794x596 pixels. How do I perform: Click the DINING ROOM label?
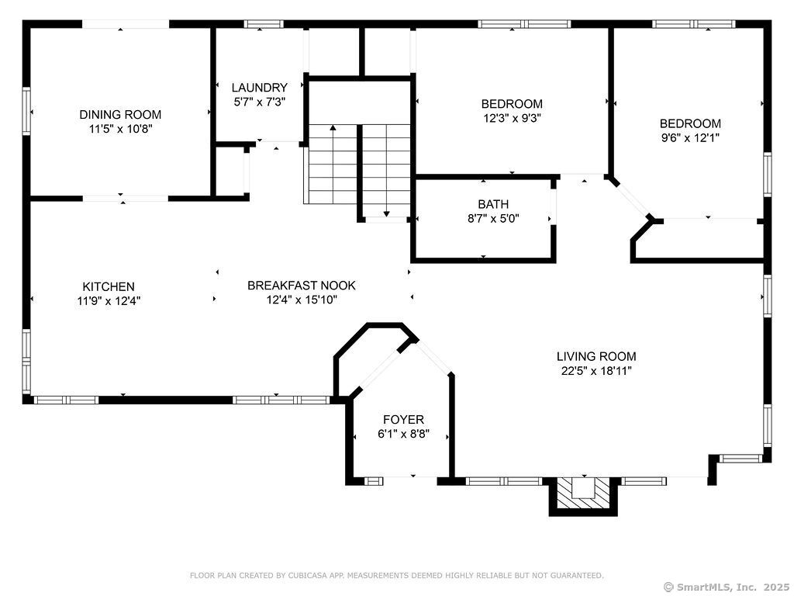[120, 115]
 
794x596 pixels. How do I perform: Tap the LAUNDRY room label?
[260, 88]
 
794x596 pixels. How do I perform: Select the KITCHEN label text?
[109, 287]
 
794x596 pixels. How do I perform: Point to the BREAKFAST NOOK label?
[302, 286]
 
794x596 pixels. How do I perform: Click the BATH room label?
[494, 204]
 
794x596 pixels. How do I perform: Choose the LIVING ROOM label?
[596, 356]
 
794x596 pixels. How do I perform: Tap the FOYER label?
[403, 420]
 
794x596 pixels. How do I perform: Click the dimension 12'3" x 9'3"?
[512, 118]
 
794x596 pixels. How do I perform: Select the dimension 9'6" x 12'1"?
[691, 137]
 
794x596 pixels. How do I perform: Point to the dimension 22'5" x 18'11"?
[596, 370]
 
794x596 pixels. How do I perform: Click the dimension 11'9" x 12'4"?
[109, 301]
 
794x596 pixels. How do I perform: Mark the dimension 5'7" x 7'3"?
[260, 102]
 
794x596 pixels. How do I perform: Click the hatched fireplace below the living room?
[583, 494]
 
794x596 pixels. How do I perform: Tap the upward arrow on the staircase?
[333, 163]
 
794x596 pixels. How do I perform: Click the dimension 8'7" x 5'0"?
[494, 218]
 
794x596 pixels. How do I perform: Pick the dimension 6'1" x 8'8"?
[403, 434]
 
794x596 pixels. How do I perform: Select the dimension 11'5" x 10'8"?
[120, 129]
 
